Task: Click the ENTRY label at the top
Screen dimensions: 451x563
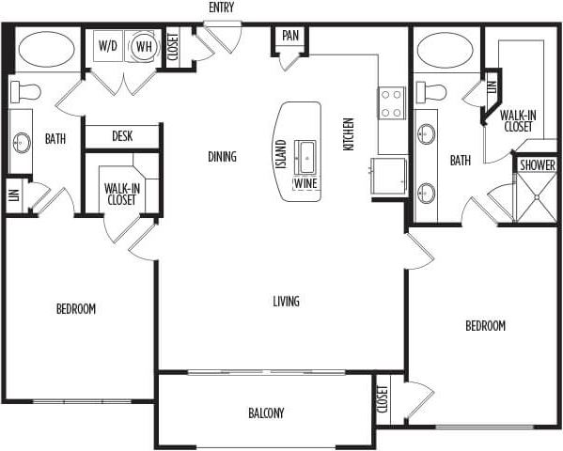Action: (222, 8)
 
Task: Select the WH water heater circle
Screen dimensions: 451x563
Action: (144, 46)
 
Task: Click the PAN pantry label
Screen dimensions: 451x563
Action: (290, 37)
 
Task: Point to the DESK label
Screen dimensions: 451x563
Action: (122, 136)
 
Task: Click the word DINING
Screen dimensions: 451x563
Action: (222, 157)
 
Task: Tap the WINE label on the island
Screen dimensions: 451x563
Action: (305, 183)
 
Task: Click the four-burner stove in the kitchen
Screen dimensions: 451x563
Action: (392, 101)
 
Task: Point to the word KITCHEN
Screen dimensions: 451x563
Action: (349, 134)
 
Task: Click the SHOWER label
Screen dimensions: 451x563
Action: (537, 164)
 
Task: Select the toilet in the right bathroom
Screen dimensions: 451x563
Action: (431, 92)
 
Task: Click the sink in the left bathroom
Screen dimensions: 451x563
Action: (21, 142)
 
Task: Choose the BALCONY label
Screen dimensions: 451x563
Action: (266, 413)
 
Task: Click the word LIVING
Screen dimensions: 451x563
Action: (286, 302)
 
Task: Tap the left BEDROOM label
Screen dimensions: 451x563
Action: (75, 308)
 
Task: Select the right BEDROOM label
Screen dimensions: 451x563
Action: (485, 326)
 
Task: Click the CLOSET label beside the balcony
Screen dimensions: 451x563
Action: (383, 400)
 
